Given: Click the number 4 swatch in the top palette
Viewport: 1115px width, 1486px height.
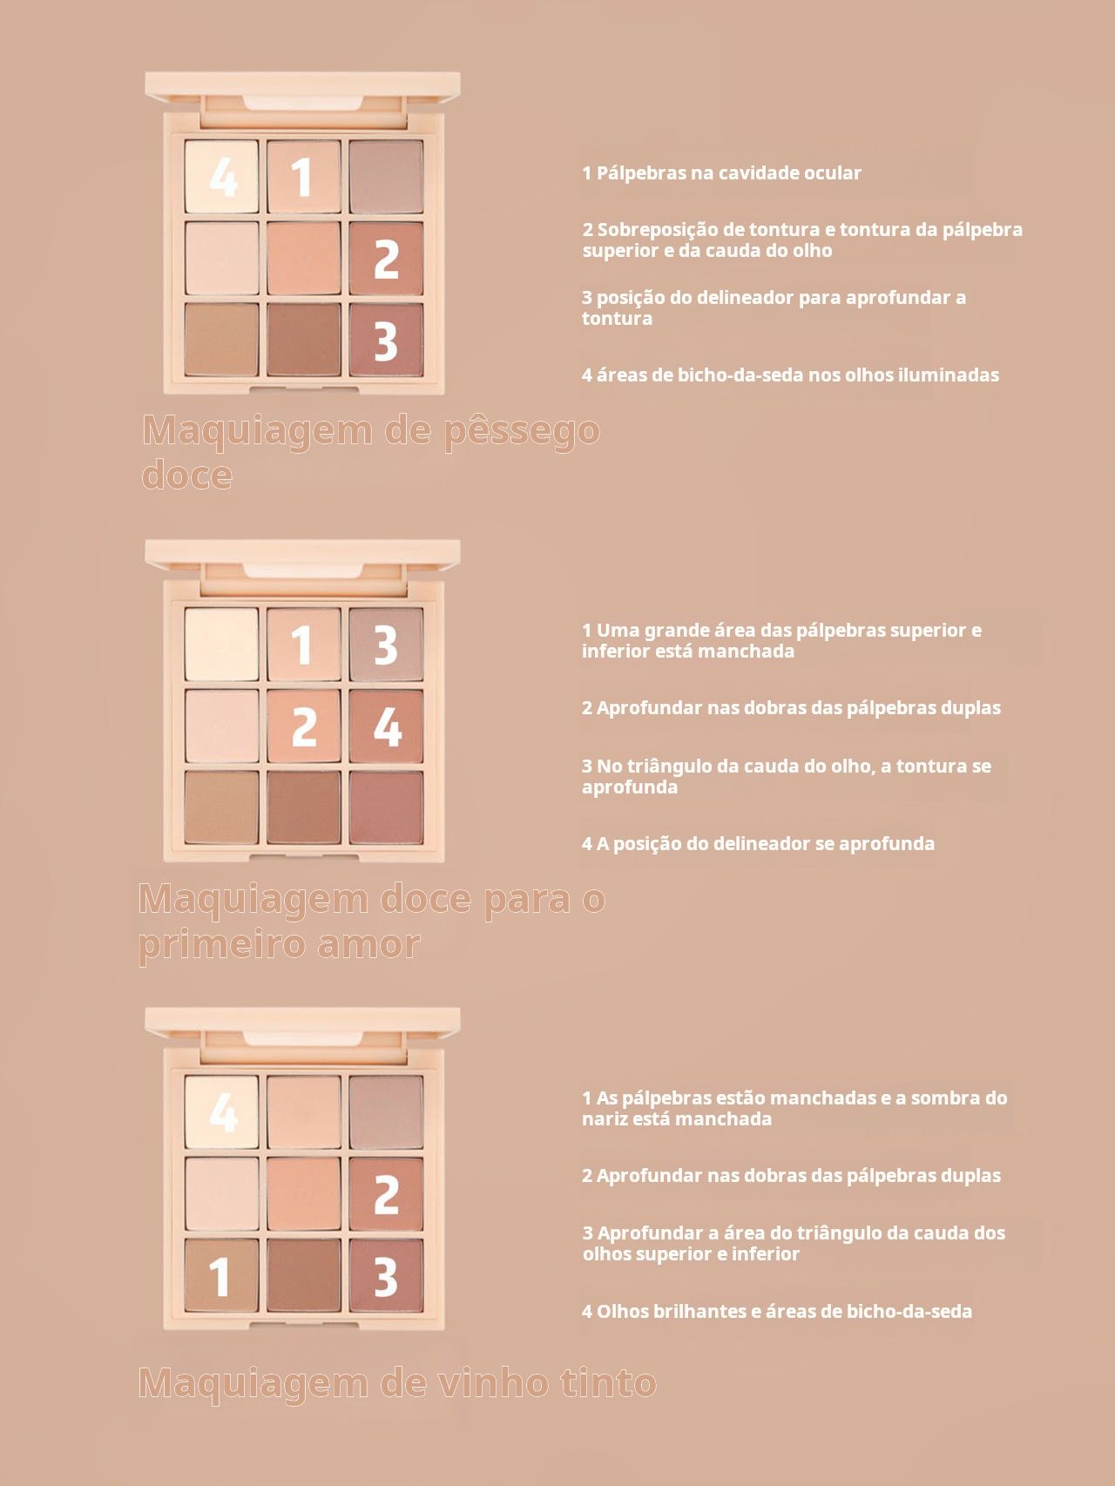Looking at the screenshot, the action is pos(221,176).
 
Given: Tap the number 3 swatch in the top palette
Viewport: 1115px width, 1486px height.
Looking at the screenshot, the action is pos(386,340).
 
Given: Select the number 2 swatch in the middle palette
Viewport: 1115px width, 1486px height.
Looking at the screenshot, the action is pos(304,726).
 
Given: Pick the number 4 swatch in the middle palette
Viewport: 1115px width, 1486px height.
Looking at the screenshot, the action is pos(386,726).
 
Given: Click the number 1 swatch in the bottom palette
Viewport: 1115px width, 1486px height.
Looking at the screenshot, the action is pos(221,1275).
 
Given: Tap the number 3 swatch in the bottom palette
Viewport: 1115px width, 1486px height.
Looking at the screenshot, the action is pos(386,1275).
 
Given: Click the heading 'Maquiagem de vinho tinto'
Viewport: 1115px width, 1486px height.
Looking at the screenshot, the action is pos(397,1383).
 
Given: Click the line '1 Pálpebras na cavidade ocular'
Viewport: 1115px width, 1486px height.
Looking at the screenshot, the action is pos(721,172).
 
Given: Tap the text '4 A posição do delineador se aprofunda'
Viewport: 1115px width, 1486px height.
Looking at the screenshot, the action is pos(758,843).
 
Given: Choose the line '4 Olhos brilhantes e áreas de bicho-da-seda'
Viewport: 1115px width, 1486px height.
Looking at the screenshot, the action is pos(777,1311).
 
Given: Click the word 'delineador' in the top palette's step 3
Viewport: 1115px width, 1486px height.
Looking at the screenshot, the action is pos(747,297).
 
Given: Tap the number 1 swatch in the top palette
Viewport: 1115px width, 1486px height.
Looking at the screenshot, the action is pos(304,176).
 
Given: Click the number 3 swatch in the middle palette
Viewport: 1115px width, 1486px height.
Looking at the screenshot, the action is pos(386,644).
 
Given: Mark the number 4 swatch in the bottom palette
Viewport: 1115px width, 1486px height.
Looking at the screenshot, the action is pos(221,1111).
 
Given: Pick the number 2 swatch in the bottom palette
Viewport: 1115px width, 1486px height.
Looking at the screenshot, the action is pos(386,1193).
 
